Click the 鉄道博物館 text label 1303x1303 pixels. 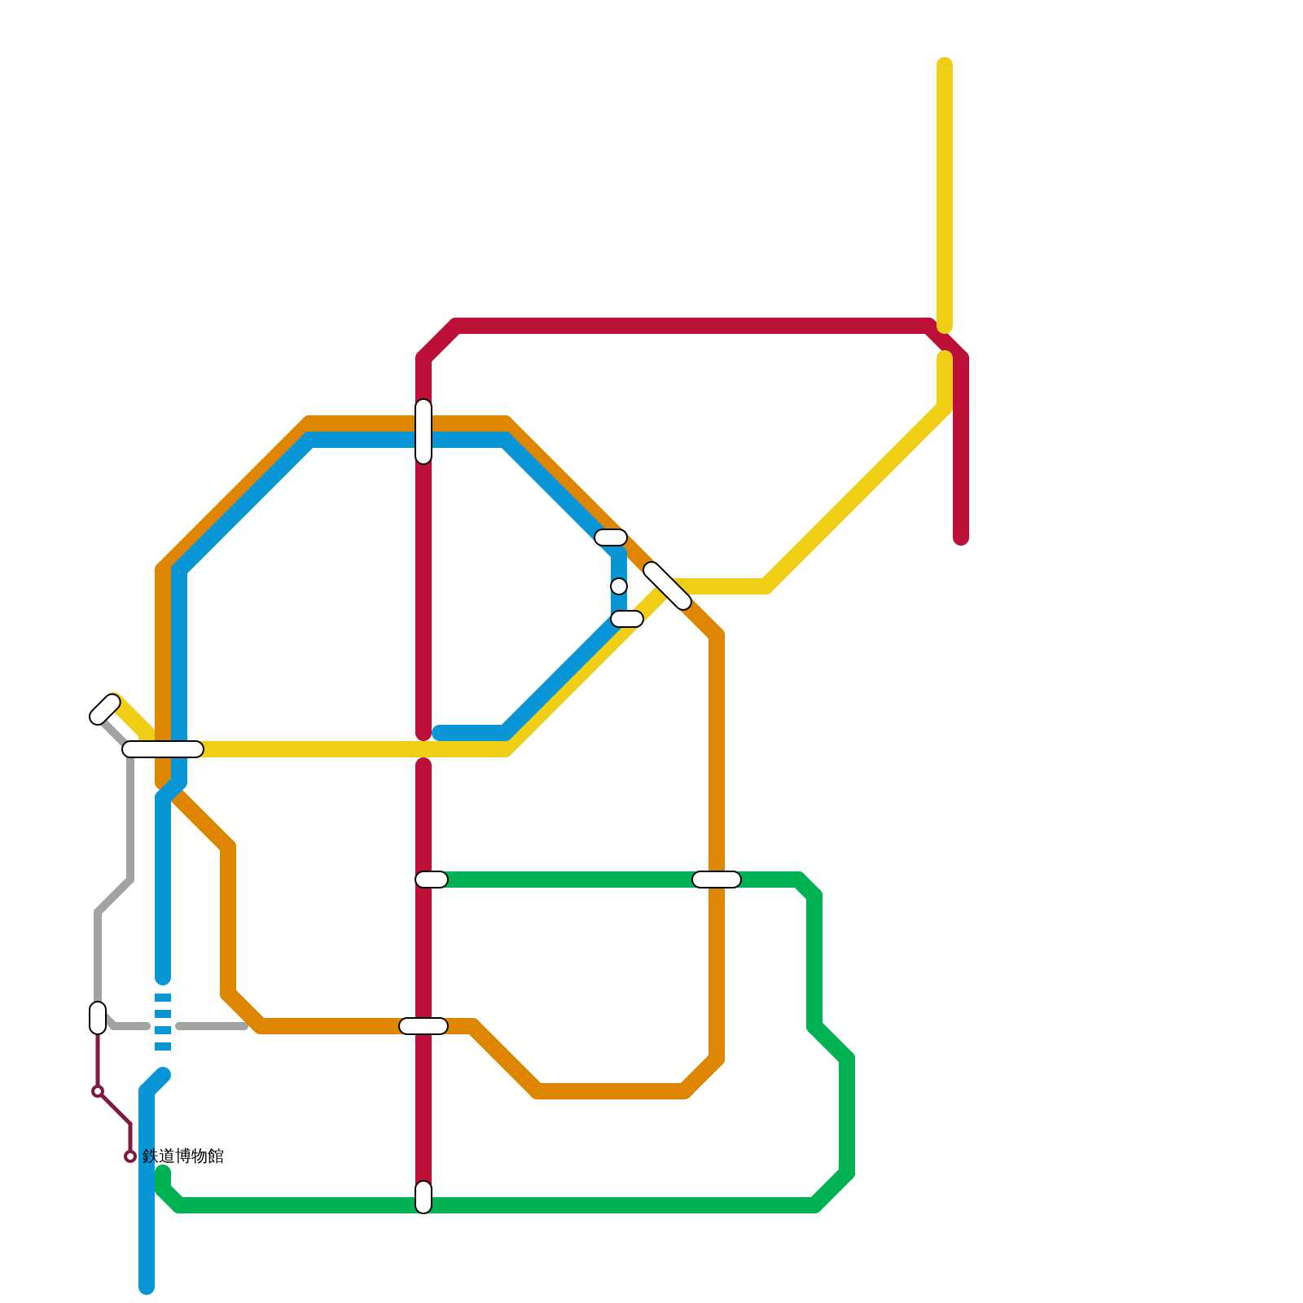[183, 1156]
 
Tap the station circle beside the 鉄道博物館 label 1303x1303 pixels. [130, 1156]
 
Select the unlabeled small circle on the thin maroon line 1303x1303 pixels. [98, 1091]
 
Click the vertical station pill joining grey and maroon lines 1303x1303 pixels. [98, 1018]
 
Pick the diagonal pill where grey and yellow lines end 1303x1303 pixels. [105, 709]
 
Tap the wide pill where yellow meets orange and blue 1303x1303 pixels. [163, 749]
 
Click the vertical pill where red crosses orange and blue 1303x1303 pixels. [423, 432]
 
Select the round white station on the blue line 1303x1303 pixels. [619, 586]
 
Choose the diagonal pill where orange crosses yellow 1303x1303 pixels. [667, 586]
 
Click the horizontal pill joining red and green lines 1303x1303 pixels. [432, 880]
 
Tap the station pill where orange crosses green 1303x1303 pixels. [717, 880]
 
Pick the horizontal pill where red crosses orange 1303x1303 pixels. [423, 1026]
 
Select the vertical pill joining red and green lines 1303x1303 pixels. [423, 1197]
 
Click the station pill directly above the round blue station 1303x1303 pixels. [611, 537]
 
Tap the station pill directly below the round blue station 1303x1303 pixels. [627, 620]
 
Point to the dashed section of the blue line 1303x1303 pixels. [163, 1022]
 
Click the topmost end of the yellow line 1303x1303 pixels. [945, 64]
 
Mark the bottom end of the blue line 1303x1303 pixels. [147, 1288]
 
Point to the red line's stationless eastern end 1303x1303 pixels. [961, 538]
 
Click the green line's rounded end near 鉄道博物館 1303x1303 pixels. [163, 1173]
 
